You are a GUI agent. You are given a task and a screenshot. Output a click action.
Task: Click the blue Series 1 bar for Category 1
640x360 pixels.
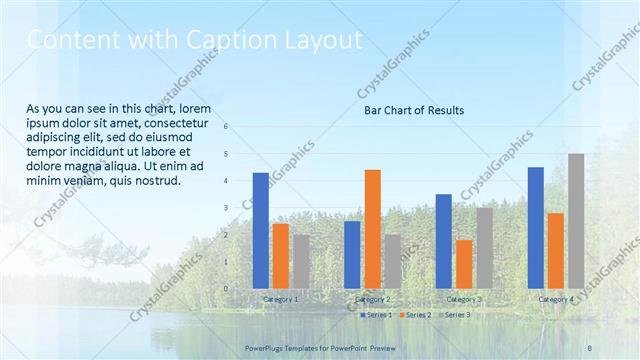click(261, 230)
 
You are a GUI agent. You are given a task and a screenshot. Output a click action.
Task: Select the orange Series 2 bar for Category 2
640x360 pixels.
click(372, 228)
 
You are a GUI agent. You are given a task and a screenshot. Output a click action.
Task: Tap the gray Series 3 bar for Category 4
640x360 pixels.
click(576, 220)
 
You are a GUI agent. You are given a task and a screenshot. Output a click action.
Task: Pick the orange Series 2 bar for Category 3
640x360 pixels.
click(463, 264)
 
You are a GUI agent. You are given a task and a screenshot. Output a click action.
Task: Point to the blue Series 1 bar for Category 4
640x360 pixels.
click(536, 227)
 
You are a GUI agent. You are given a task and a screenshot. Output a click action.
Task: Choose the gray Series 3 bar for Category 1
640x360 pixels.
click(301, 261)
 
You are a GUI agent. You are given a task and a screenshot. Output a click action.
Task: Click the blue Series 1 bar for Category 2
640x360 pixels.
click(352, 254)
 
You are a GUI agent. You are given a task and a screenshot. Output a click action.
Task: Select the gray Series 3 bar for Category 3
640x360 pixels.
click(484, 247)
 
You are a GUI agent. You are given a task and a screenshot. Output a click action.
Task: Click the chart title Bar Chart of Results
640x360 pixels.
click(413, 110)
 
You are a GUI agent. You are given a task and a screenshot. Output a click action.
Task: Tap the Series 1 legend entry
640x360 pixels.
click(375, 315)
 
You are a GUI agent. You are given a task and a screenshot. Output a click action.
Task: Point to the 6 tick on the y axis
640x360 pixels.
click(227, 127)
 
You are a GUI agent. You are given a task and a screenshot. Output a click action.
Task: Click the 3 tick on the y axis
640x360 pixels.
click(227, 208)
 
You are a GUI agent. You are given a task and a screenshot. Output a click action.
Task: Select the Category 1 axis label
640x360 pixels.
click(280, 299)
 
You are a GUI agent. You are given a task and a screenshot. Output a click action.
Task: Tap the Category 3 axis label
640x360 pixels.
click(463, 299)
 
